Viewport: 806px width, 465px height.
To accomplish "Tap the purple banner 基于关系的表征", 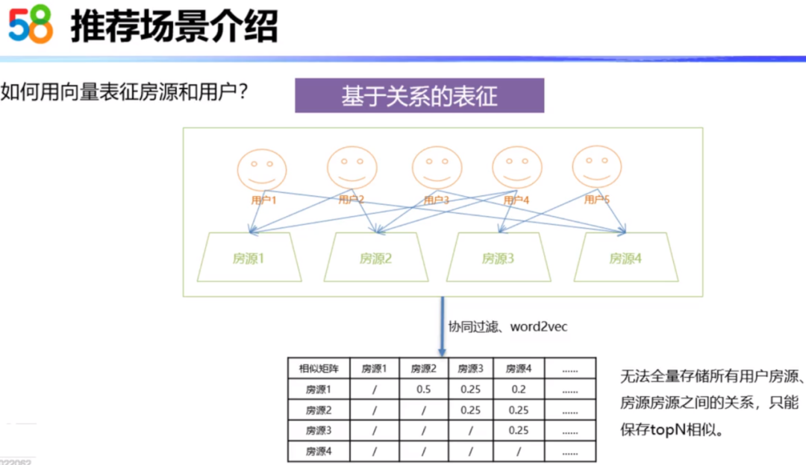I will point(419,96).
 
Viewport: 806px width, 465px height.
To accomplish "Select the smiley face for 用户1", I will point(262,170).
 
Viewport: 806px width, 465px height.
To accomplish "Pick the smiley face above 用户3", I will point(437,168).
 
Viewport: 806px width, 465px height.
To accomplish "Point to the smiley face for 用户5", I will point(596,168).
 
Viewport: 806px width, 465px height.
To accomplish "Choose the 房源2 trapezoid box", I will point(375,258).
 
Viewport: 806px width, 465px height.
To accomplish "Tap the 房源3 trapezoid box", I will point(498,258).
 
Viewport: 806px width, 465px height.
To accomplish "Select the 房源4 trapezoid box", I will point(625,258).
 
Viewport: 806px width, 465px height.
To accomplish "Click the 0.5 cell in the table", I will point(423,389).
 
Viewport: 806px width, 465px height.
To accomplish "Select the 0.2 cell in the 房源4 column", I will point(518,389).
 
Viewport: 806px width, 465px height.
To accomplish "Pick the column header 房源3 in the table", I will point(470,368).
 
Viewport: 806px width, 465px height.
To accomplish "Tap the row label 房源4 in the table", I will point(317,451).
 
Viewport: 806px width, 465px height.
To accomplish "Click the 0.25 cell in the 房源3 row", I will point(518,430).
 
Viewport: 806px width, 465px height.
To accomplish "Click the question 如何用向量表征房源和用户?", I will point(124,93).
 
